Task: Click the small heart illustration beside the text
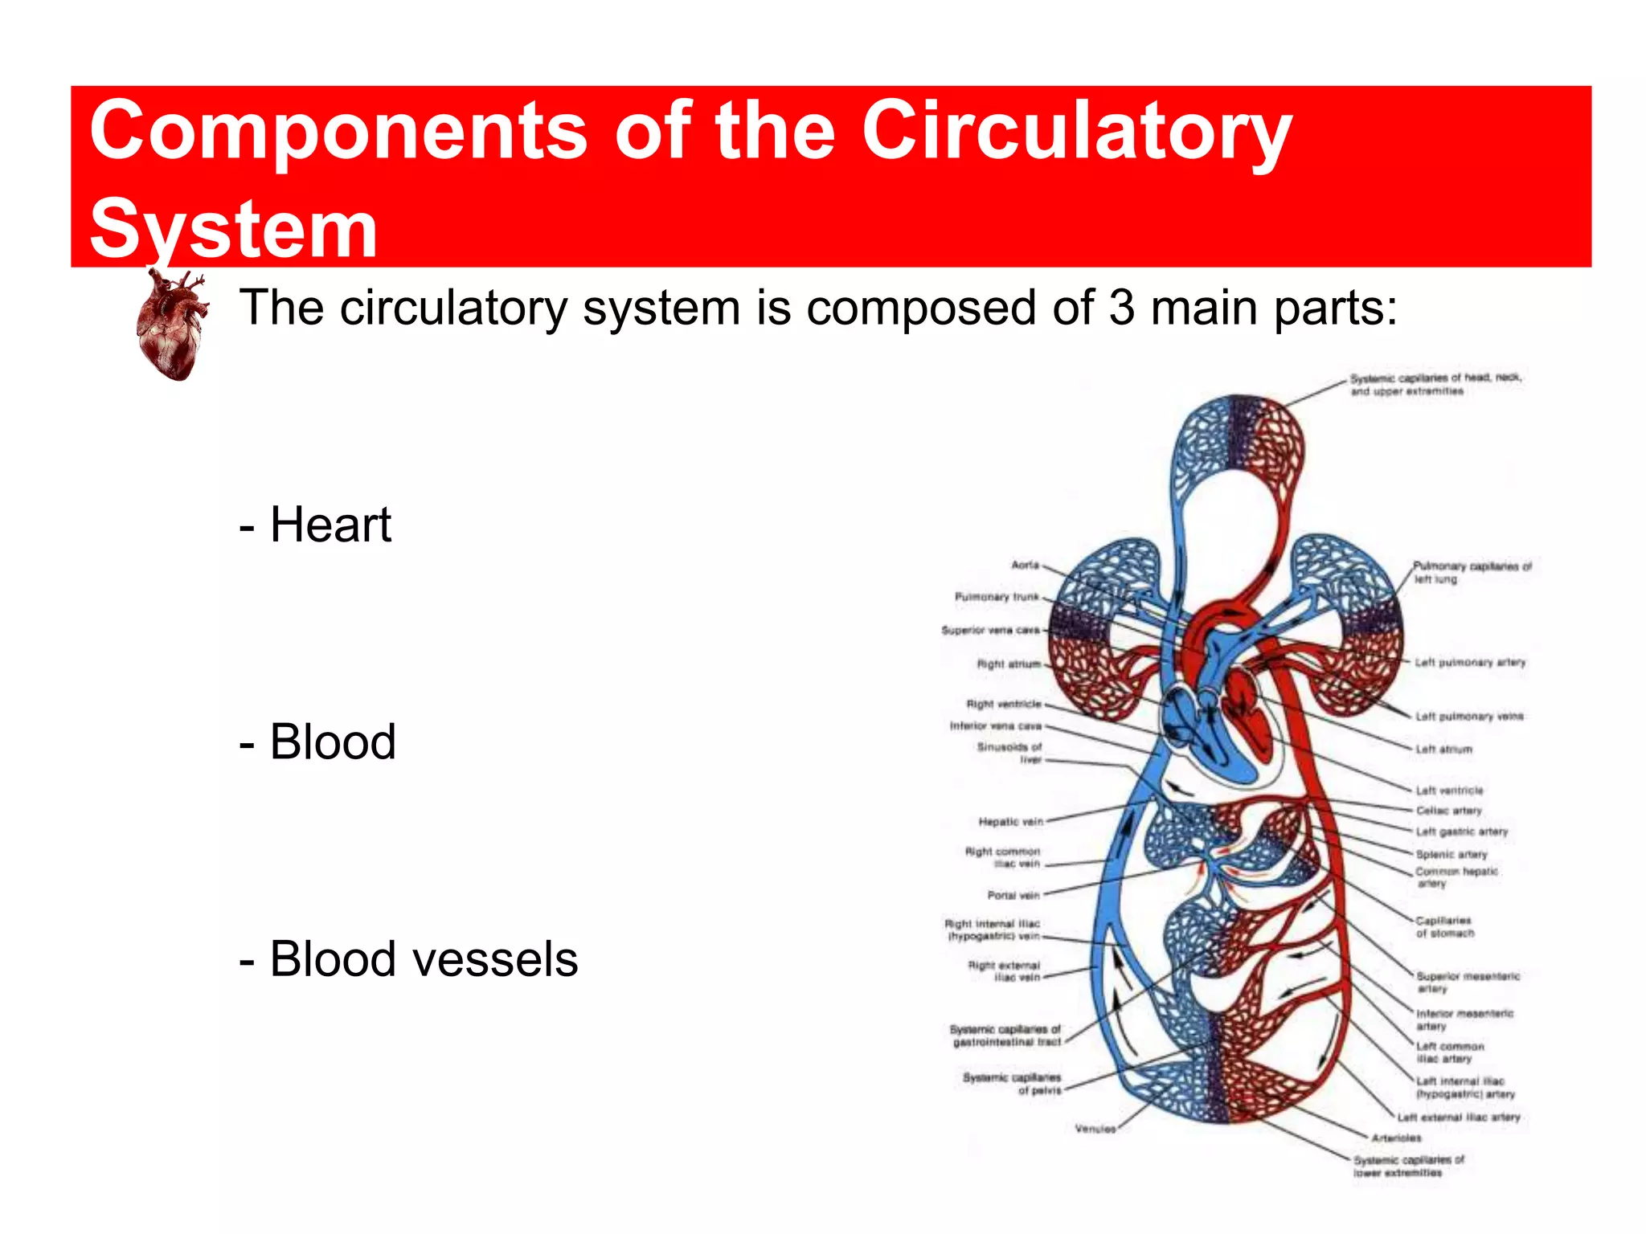(171, 325)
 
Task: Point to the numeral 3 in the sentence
(1122, 308)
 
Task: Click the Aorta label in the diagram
(1025, 565)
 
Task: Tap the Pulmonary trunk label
(997, 597)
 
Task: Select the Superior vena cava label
(990, 630)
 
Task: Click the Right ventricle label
(1003, 704)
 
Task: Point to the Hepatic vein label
(1010, 821)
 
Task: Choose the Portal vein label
(1013, 895)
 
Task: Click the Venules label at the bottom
(1095, 1129)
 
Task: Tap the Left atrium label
(1444, 750)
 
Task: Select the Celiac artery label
(1449, 811)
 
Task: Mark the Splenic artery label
(1452, 854)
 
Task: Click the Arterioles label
(1397, 1138)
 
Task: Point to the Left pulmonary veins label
(1469, 716)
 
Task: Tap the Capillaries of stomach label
(1444, 927)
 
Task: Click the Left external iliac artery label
(1459, 1117)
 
